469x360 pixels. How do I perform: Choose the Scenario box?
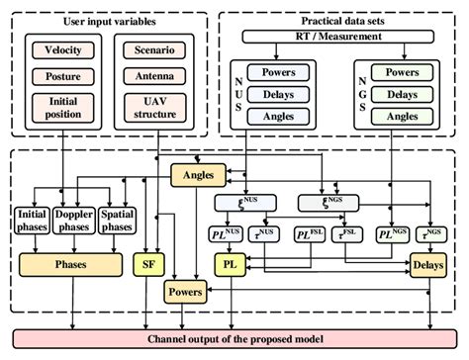(x=149, y=48)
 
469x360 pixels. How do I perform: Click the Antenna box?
(x=149, y=75)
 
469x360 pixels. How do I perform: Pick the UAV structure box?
(x=149, y=107)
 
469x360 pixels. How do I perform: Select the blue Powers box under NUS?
(x=279, y=71)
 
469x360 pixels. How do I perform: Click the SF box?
(x=148, y=264)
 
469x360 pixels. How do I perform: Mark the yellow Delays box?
(x=431, y=264)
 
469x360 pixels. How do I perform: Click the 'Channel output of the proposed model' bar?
(x=234, y=339)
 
